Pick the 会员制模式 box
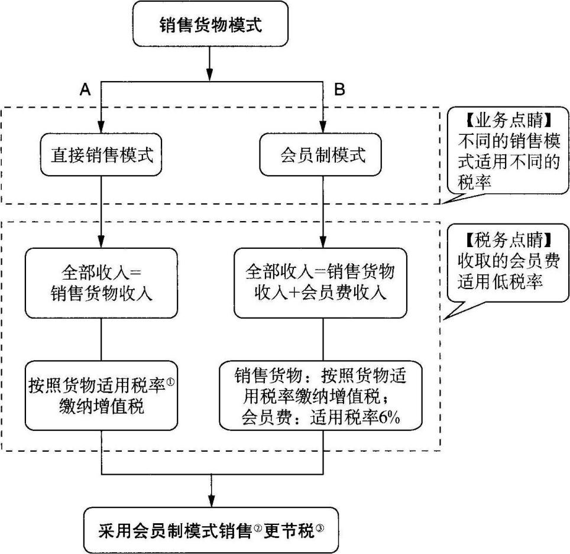tap(322, 156)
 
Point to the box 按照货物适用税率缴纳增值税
tap(102, 394)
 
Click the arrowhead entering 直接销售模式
tap(102, 126)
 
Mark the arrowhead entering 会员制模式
tap(323, 126)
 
